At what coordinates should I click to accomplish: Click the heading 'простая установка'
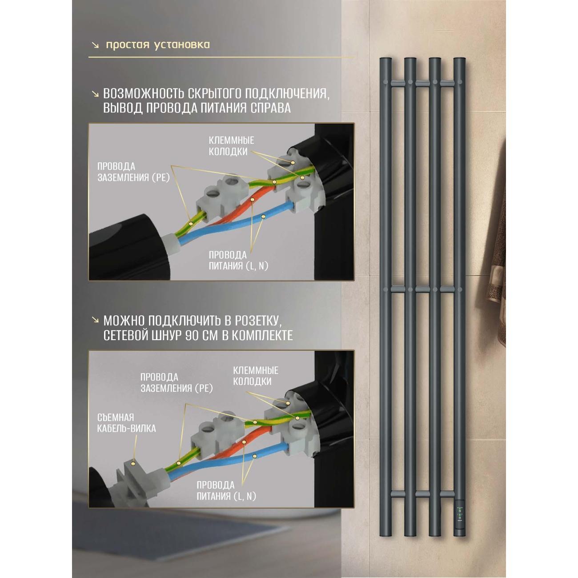click(x=158, y=45)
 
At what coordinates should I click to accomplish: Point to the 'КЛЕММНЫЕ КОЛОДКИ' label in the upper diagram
click(x=231, y=146)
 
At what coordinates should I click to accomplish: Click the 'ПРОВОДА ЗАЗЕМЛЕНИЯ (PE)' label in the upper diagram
click(x=133, y=172)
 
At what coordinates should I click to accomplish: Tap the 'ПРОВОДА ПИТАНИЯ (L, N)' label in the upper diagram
click(x=238, y=261)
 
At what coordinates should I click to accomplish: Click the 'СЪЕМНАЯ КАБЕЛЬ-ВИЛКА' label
click(x=126, y=423)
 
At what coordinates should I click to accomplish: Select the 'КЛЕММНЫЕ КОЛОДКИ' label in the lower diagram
click(x=256, y=376)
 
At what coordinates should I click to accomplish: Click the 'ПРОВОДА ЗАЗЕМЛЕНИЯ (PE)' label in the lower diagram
click(x=177, y=382)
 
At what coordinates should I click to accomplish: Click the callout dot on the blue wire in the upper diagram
click(x=263, y=216)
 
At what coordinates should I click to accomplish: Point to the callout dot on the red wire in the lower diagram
click(x=245, y=442)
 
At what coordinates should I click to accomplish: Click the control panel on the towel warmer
click(x=459, y=515)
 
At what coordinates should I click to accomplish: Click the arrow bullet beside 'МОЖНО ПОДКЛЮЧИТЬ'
click(x=96, y=321)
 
